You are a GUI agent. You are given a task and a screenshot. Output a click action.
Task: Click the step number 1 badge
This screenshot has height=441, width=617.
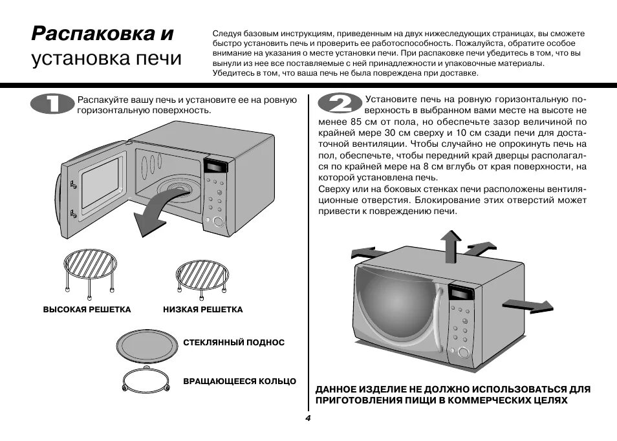52,105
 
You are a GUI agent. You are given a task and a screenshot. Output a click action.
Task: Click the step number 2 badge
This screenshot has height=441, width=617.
337,105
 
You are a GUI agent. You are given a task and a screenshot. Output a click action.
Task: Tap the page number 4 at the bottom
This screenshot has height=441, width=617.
308,418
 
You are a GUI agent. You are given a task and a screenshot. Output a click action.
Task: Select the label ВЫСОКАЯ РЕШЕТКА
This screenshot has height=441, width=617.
87,310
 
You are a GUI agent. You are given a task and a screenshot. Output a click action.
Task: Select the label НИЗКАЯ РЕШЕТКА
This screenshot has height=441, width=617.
203,310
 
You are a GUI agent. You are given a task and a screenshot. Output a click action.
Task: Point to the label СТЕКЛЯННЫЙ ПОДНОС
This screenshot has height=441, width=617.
233,342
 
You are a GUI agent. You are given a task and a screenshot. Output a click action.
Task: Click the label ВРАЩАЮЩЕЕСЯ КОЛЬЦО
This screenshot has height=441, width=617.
239,382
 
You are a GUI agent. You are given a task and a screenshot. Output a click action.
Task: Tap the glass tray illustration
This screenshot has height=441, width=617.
146,343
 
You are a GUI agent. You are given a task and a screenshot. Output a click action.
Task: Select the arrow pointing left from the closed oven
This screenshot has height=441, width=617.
363,252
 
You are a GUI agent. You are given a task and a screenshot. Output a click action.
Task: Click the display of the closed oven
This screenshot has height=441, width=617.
460,292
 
